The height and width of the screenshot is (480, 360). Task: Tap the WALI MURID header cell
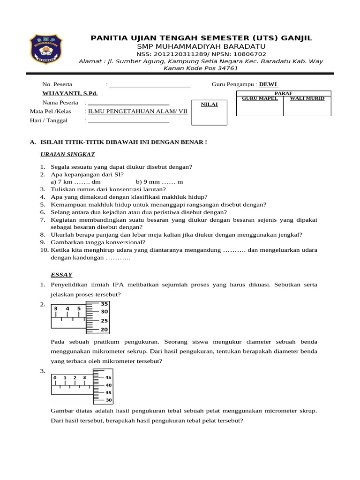pyautogui.click(x=307, y=98)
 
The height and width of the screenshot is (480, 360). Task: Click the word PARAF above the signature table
pyautogui.click(x=283, y=93)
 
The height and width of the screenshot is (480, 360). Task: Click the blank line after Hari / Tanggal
pyautogui.click(x=128, y=121)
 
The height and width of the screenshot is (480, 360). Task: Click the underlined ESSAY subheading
pyautogui.click(x=61, y=274)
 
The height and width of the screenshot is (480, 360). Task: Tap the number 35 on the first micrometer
pyautogui.click(x=104, y=304)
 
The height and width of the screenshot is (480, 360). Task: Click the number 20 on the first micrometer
pyautogui.click(x=104, y=330)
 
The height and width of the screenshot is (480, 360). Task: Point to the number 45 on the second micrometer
pyautogui.click(x=108, y=377)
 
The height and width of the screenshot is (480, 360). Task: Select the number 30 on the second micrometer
pyautogui.click(x=108, y=400)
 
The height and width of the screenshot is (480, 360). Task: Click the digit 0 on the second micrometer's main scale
pyautogui.click(x=55, y=378)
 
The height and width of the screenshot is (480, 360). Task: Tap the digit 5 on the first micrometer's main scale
pyautogui.click(x=79, y=309)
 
